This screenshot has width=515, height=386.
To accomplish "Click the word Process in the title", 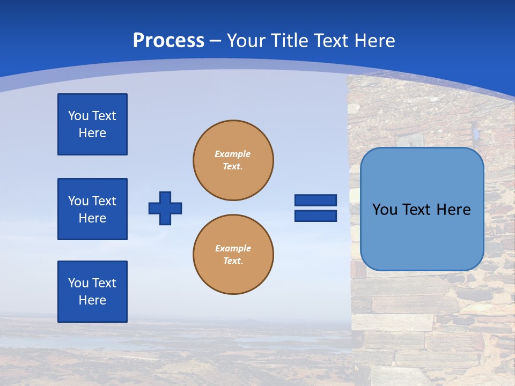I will tap(168, 41).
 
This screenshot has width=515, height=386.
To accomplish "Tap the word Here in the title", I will tap(374, 41).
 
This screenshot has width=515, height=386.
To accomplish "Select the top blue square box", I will tap(92, 124).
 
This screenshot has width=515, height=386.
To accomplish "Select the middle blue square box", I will tap(92, 209).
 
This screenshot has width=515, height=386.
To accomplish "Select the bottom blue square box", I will tap(92, 292).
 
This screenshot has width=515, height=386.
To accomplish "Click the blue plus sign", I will tap(165, 208).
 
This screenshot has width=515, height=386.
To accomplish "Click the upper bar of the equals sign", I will tap(315, 200).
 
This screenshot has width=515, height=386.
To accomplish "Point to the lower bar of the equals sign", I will tap(315, 216).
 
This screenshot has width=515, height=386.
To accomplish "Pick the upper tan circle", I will tap(233, 160).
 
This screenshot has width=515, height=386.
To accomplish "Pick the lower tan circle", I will tap(233, 255).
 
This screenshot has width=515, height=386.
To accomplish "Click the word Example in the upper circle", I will tap(233, 154).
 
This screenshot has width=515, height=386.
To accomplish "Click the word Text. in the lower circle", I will tap(233, 261).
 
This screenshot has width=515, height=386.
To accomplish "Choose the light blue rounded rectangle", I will tap(422, 209).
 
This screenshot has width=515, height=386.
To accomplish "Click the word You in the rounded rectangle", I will tap(385, 210).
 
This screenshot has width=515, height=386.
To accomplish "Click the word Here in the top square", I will tap(92, 133).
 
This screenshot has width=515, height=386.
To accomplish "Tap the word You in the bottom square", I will tap(78, 283).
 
